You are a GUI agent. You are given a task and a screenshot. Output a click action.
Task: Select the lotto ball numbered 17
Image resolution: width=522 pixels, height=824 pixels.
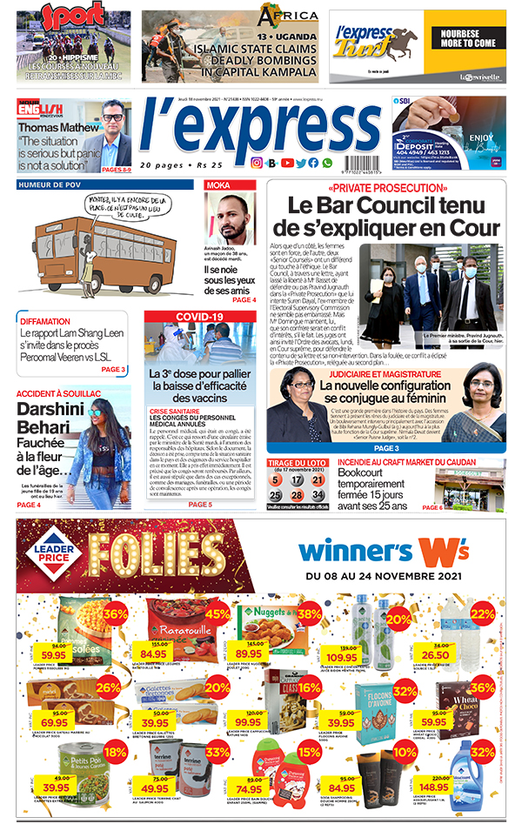coord(296,479)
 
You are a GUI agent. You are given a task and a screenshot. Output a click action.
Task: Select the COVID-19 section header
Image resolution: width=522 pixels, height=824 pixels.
coord(199,316)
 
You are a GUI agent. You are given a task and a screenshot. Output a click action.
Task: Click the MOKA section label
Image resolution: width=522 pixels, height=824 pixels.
coord(217,185)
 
